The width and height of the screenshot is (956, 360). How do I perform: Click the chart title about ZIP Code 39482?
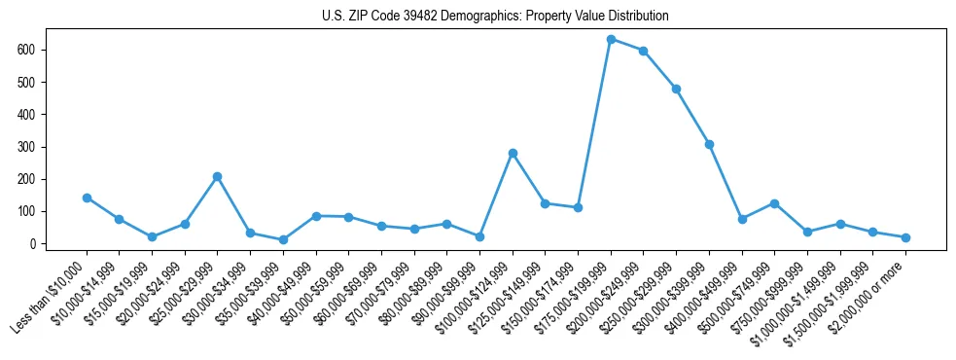point(495,17)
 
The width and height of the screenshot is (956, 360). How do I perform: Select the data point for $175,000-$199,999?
point(611,39)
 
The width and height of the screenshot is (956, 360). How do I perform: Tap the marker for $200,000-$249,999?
point(643,51)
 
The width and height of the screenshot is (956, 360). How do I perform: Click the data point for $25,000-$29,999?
point(217,176)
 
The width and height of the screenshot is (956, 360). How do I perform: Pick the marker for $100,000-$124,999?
point(513,153)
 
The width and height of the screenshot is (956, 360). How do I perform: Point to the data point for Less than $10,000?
point(87,198)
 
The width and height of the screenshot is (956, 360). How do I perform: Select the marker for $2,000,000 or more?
point(905,237)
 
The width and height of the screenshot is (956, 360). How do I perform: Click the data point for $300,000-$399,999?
point(709,144)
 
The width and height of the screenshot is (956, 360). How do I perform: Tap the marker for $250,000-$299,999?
point(676,89)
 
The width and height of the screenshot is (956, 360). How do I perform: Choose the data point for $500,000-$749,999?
point(774,203)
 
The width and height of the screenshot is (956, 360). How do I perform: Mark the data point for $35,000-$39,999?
point(283,239)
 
